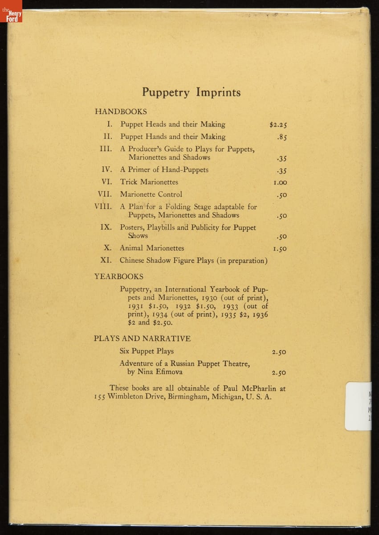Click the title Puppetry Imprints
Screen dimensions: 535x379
(x=191, y=92)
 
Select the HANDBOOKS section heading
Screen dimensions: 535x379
(x=121, y=111)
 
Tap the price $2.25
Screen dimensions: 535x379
(x=278, y=125)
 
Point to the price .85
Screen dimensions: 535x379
(x=281, y=137)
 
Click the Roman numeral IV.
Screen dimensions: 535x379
(x=106, y=169)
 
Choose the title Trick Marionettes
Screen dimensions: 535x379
(x=149, y=182)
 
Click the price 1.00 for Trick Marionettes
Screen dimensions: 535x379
(x=280, y=182)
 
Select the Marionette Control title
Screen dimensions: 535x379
(x=151, y=194)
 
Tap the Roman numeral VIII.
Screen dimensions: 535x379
(x=103, y=206)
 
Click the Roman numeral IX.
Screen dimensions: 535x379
(x=106, y=227)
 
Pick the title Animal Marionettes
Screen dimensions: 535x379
(x=151, y=248)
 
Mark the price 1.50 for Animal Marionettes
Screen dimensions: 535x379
(x=280, y=249)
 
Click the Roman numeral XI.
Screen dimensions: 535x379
(x=106, y=260)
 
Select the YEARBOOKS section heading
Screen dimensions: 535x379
(x=118, y=276)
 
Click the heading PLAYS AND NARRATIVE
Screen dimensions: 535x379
(x=142, y=338)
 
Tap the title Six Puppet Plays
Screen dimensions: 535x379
(x=147, y=351)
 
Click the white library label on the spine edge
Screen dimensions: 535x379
(x=358, y=406)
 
